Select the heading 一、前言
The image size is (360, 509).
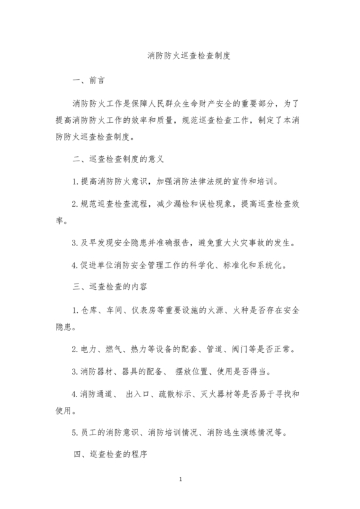click(x=88, y=81)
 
